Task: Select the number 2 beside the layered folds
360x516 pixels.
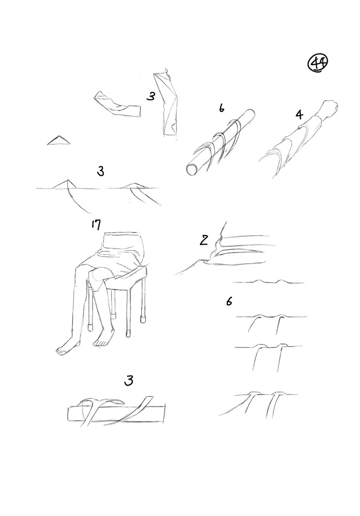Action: coord(204,240)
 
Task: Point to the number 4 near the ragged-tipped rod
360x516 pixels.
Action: coord(299,115)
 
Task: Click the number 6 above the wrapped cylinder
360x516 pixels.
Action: coord(221,108)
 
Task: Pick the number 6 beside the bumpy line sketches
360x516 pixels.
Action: coord(229,301)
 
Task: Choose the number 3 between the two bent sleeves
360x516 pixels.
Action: coord(151,96)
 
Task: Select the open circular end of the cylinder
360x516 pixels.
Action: coord(192,170)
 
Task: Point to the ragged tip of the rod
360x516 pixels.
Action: coord(331,108)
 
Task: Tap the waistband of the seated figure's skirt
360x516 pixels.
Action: coord(124,237)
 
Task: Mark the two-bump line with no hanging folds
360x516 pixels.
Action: coord(268,282)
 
